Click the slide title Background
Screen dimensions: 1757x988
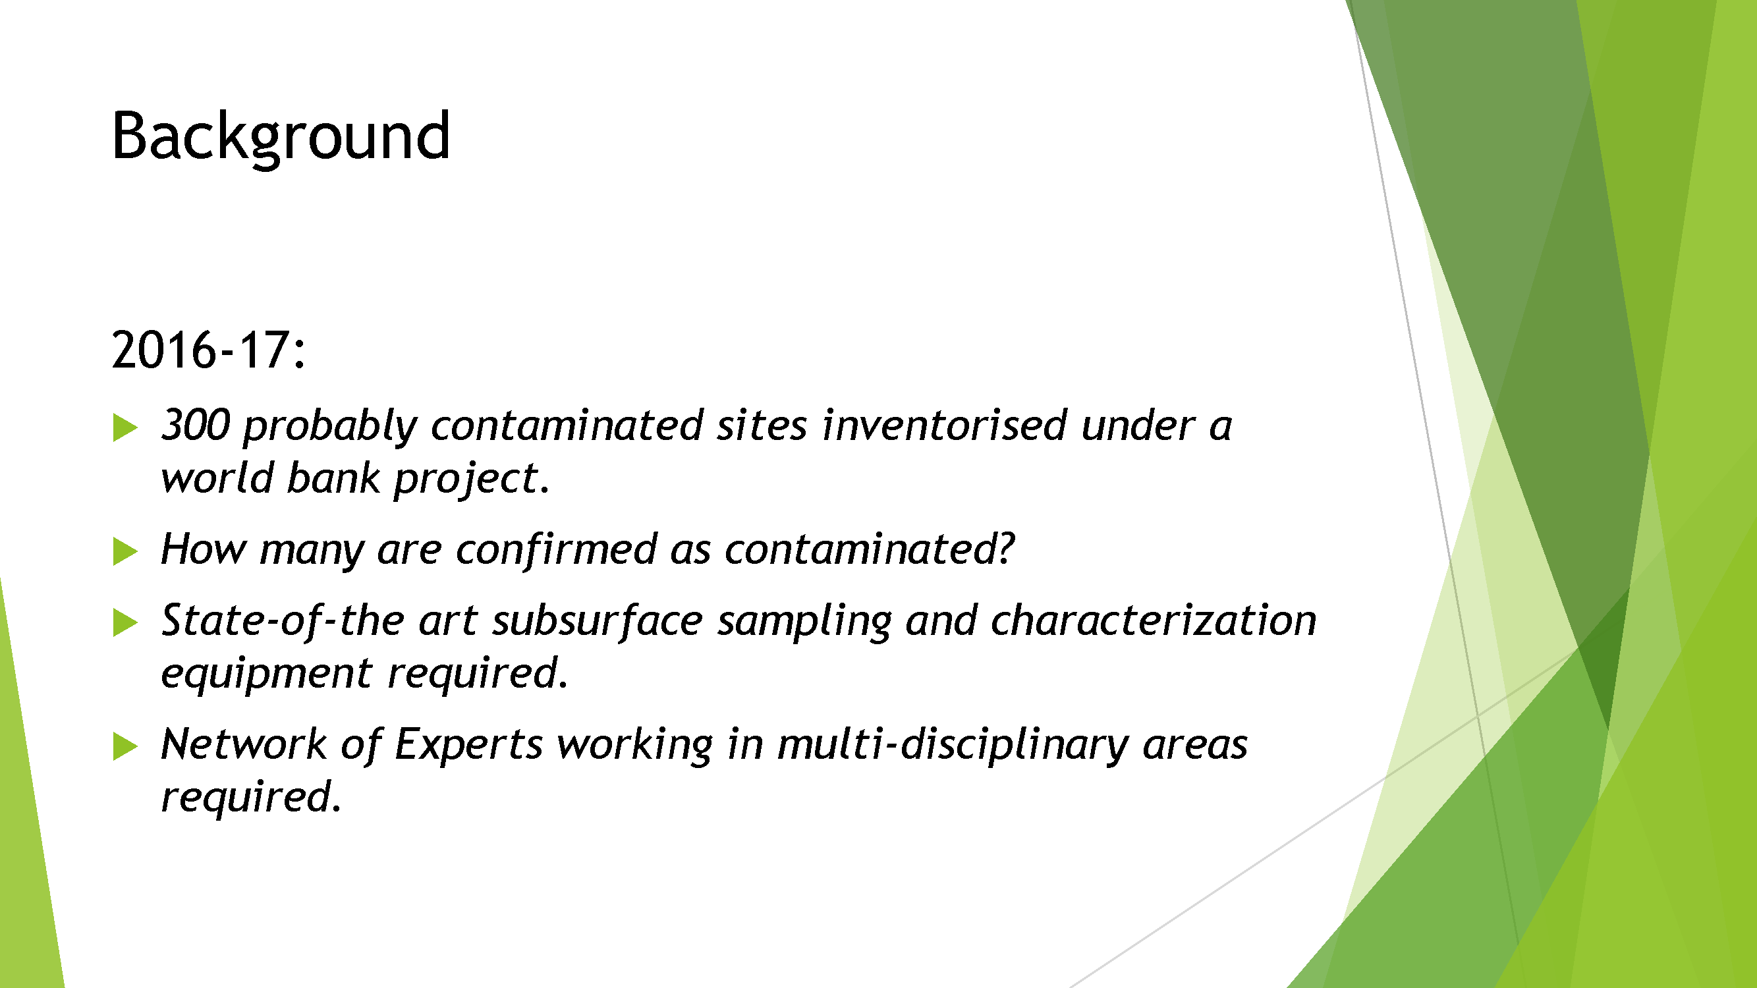281,137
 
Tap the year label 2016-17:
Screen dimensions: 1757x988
209,350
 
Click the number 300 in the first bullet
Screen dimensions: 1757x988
195,425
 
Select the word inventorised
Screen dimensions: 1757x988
945,425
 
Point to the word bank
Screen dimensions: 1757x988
333,478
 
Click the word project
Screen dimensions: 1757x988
471,480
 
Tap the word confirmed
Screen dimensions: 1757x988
556,549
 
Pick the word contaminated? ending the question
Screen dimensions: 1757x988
870,549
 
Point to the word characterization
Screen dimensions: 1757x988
1154,620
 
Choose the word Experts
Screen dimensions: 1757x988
468,745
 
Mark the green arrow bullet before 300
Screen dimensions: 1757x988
125,427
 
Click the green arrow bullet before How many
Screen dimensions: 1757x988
125,551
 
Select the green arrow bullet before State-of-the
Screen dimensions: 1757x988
125,622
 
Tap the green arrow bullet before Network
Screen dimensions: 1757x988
125,747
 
